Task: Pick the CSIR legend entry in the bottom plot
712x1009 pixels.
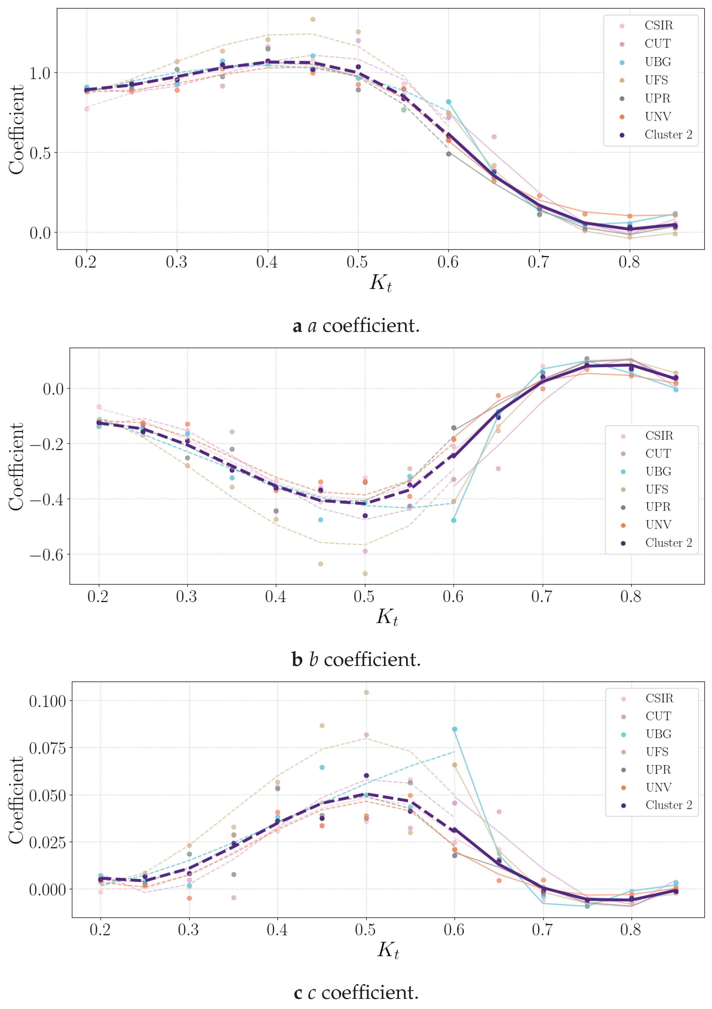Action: point(659,698)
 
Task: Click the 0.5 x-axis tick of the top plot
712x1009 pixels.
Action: point(357,262)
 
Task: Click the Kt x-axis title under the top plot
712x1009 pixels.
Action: point(380,283)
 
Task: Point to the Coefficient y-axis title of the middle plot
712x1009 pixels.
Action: point(16,467)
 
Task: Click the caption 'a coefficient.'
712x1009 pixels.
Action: point(356,326)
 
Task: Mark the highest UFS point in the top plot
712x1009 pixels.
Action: point(313,19)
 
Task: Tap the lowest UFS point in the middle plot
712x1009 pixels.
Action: point(365,573)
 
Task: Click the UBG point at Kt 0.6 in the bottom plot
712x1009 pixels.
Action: point(455,729)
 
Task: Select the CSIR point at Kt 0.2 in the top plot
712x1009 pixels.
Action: point(87,109)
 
